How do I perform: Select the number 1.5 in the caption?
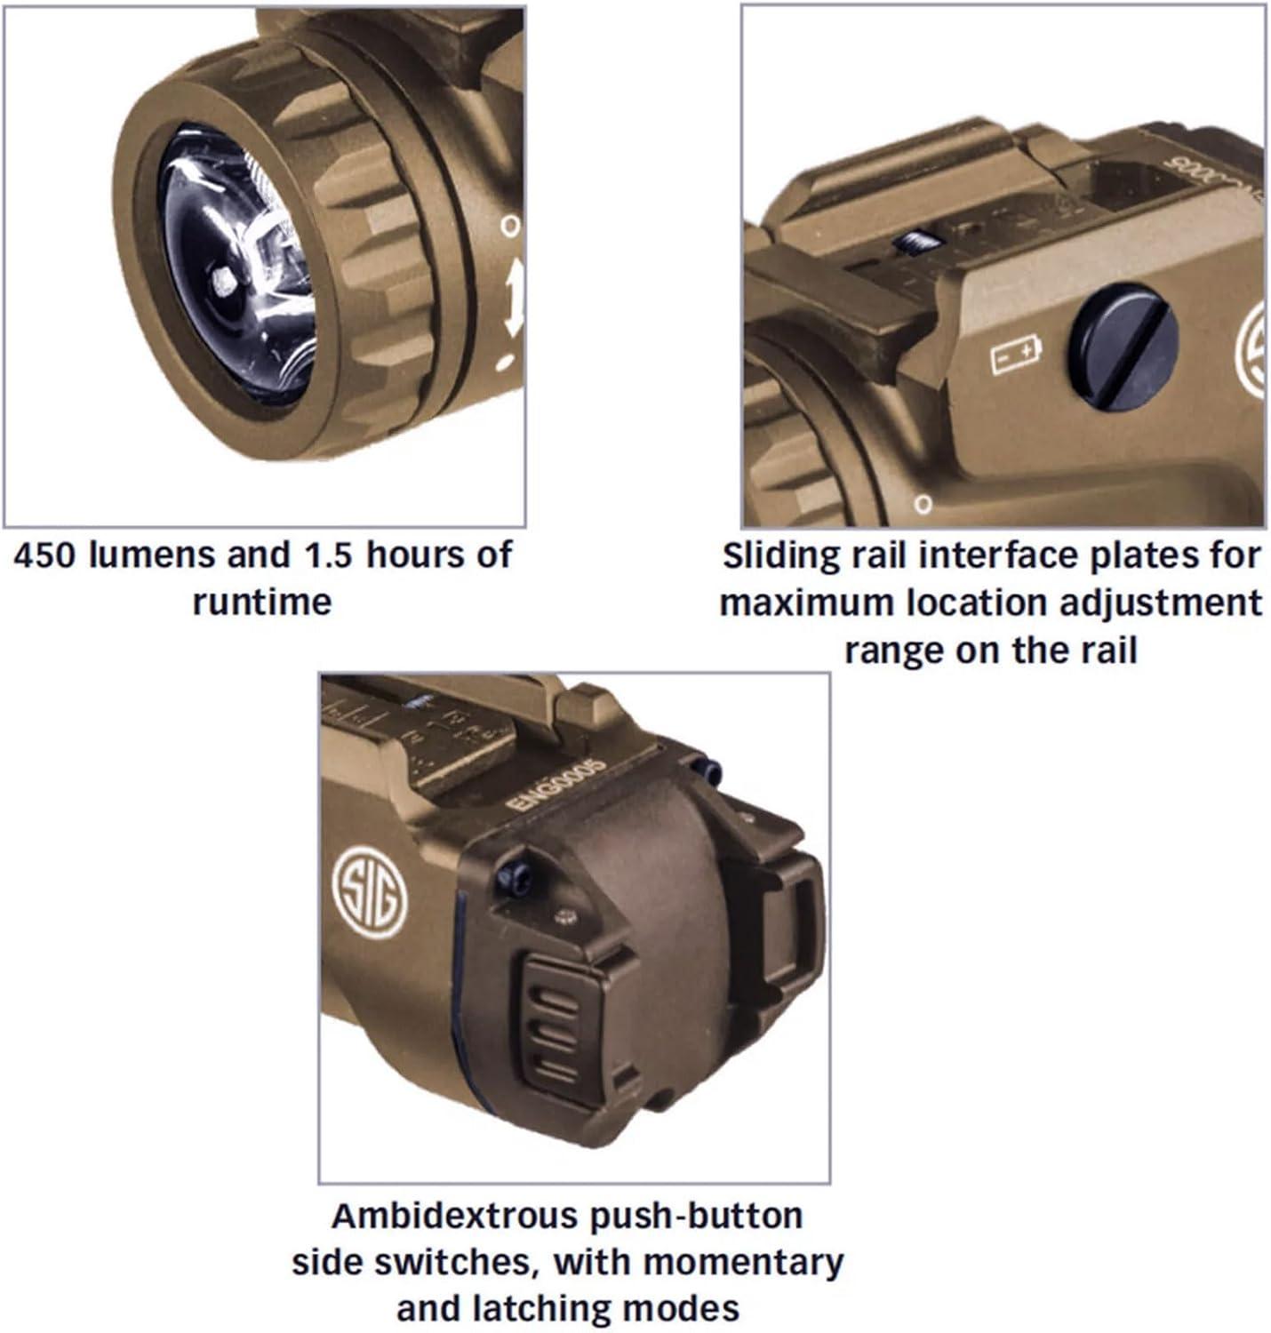328,556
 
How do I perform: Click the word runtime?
262,603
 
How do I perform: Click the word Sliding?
780,557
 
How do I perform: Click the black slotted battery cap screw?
1123,347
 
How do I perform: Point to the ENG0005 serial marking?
556,786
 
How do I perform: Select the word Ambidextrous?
453,1216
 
